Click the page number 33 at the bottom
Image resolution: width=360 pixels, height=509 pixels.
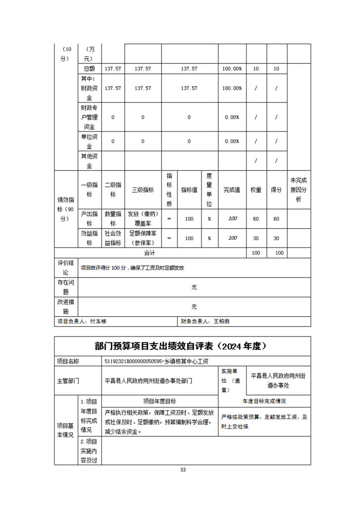tap(183, 470)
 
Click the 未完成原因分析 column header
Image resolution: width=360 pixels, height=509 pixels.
tap(299, 190)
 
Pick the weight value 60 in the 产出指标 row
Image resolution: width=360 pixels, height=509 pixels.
tap(256, 219)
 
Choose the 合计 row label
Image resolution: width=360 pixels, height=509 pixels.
tap(150, 253)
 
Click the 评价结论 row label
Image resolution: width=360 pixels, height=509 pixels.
tap(65, 268)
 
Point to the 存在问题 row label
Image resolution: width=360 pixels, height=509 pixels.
tap(65, 287)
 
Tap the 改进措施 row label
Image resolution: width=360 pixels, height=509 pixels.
tap(65, 307)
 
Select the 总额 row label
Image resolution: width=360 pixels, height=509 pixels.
tap(89, 69)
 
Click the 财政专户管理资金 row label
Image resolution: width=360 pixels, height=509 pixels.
tap(89, 117)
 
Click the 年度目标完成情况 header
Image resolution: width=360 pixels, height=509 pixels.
tap(264, 401)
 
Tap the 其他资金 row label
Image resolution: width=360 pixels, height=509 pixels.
tap(89, 161)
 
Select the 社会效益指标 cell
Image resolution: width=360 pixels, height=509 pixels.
tap(113, 238)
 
